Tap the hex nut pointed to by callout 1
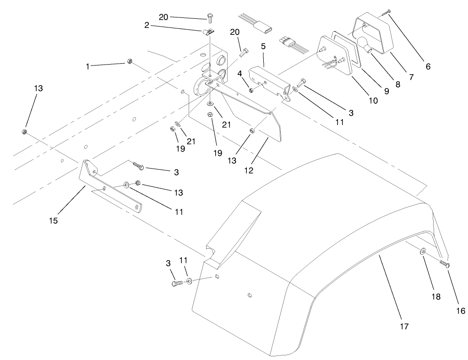click(x=130, y=62)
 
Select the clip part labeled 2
click(x=208, y=32)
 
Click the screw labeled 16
click(x=444, y=263)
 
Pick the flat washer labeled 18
click(x=422, y=251)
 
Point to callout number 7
click(x=411, y=77)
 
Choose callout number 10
click(x=373, y=100)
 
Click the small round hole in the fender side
click(x=249, y=295)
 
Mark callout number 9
click(x=386, y=91)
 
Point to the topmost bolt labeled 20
click(x=210, y=18)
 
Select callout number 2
click(x=147, y=26)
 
